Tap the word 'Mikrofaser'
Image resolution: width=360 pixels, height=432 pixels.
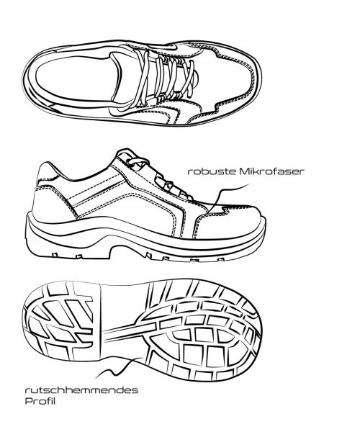click(x=272, y=171)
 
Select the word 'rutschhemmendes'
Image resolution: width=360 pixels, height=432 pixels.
click(x=81, y=390)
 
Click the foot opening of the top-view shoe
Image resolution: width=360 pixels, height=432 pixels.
click(x=78, y=78)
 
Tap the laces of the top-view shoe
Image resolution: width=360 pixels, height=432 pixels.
click(x=166, y=78)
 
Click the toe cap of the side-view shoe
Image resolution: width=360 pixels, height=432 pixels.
click(x=231, y=223)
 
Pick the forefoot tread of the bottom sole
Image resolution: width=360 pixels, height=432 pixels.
click(x=204, y=330)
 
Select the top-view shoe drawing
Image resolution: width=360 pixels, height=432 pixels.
click(x=142, y=82)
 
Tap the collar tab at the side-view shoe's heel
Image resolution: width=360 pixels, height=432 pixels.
click(x=47, y=172)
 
